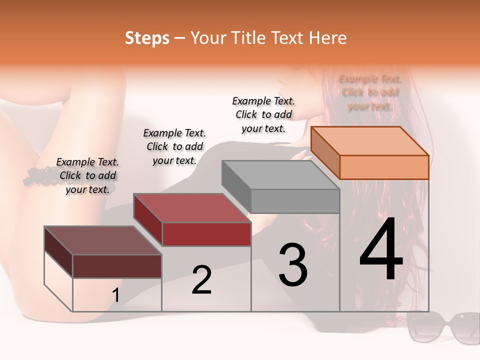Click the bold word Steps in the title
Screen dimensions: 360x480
pyautogui.click(x=147, y=38)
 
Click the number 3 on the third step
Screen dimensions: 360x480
pyautogui.click(x=292, y=265)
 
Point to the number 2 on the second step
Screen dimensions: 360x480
pyautogui.click(x=201, y=280)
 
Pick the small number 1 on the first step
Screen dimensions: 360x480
pyautogui.click(x=116, y=295)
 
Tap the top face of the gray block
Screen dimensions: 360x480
pyautogui.click(x=280, y=175)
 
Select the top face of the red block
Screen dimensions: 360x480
pyautogui.click(x=192, y=208)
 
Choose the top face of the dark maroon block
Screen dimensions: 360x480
pyautogui.click(x=103, y=240)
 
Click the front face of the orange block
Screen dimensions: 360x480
pyautogui.click(x=384, y=167)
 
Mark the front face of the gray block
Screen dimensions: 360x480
pyautogui.click(x=295, y=201)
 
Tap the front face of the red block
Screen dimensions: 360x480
pyautogui.click(x=206, y=234)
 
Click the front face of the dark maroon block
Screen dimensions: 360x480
pyautogui.click(x=117, y=266)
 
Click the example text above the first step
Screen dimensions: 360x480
pyautogui.click(x=87, y=175)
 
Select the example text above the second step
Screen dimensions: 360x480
pyautogui.click(x=174, y=146)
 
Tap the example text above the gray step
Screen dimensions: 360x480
pyautogui.click(x=263, y=114)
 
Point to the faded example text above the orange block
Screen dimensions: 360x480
pyautogui.click(x=370, y=92)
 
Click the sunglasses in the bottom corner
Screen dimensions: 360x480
pyautogui.click(x=442, y=327)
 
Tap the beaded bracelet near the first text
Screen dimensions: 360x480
pyautogui.click(x=40, y=175)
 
